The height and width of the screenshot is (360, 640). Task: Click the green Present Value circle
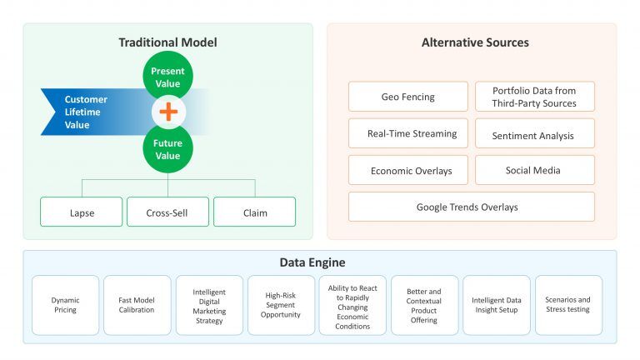click(167, 75)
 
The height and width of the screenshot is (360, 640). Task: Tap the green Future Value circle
click(167, 148)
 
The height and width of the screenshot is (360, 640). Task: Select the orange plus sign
click(168, 112)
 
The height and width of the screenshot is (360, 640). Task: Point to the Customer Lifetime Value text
click(86, 112)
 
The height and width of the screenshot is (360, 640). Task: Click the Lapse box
click(81, 212)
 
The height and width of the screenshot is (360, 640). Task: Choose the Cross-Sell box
click(167, 212)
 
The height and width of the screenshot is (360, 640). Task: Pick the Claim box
click(254, 212)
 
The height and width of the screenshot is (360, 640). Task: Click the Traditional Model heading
click(167, 42)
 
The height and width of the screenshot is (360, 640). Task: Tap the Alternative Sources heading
click(475, 42)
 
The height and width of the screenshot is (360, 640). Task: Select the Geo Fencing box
click(408, 97)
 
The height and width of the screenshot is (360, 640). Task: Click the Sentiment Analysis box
click(535, 133)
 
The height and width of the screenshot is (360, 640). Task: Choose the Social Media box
click(535, 170)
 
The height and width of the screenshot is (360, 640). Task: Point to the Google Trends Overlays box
click(472, 207)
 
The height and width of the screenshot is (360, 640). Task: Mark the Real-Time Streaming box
click(408, 133)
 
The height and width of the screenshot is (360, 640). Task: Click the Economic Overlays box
click(408, 170)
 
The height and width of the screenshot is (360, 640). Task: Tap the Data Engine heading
click(312, 262)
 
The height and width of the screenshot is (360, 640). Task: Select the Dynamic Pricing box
click(65, 305)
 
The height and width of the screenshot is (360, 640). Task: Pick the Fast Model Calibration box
click(137, 305)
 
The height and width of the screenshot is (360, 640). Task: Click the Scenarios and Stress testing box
click(568, 305)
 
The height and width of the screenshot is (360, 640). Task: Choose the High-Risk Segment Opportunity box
click(281, 305)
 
